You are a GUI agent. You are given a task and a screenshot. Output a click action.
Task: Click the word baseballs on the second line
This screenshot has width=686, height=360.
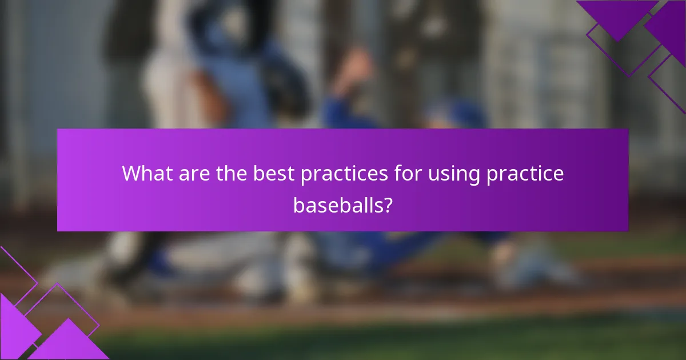pyautogui.click(x=336, y=204)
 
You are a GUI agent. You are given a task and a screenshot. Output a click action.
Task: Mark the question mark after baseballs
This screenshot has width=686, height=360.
pyautogui.click(x=387, y=204)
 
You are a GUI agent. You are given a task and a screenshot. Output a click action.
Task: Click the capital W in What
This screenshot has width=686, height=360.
pyautogui.click(x=132, y=174)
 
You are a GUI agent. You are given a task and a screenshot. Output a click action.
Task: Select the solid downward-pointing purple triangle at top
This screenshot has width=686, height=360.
pyautogui.click(x=617, y=17)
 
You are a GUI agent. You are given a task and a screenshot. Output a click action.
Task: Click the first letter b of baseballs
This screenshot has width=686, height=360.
pyautogui.click(x=298, y=204)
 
